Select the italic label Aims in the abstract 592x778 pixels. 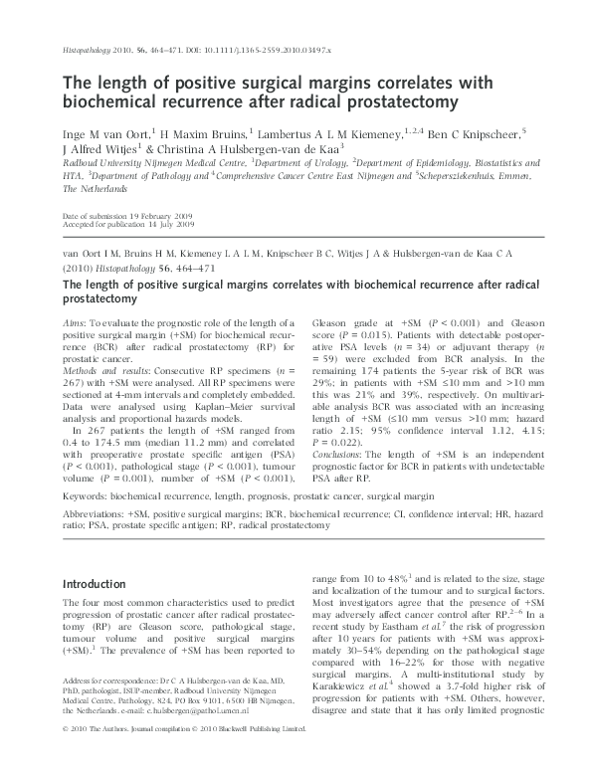pyautogui.click(x=74, y=324)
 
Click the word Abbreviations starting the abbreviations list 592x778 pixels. pyautogui.click(x=96, y=516)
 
